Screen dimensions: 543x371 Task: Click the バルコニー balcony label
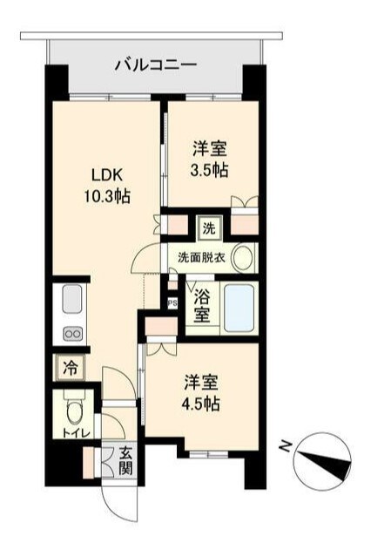click(x=156, y=64)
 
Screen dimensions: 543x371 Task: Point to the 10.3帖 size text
click(x=105, y=196)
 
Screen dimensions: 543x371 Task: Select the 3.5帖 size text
click(x=209, y=170)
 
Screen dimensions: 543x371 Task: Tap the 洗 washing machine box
click(x=209, y=229)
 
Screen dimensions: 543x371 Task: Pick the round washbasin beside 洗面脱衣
click(x=243, y=257)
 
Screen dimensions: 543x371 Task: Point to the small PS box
click(x=172, y=303)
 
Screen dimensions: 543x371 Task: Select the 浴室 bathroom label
click(x=201, y=304)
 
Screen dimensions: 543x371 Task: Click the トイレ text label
click(x=72, y=432)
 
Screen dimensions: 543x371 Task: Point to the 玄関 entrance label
click(x=125, y=466)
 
